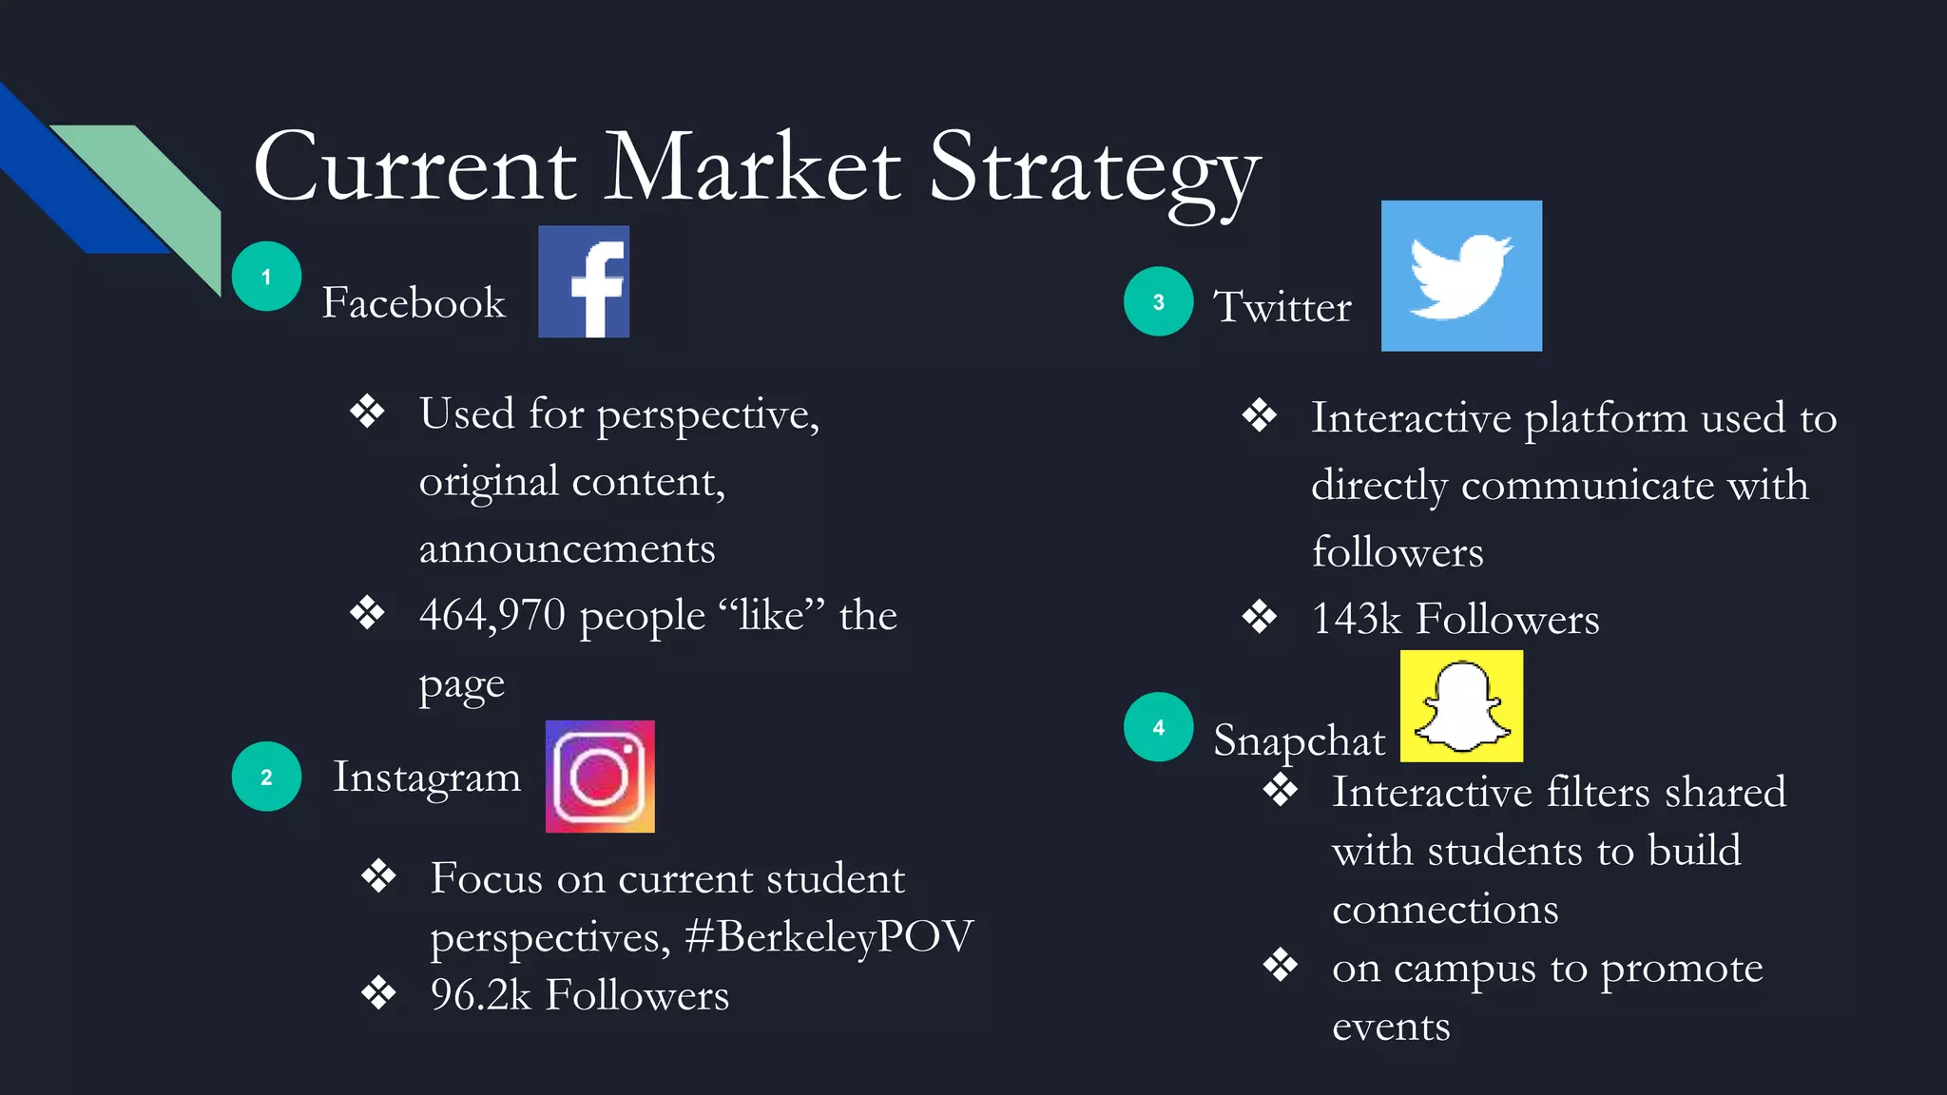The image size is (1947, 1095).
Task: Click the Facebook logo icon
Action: pos(584,281)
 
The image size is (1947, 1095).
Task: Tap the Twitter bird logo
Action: pos(1461,276)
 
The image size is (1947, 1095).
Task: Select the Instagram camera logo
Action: pos(600,777)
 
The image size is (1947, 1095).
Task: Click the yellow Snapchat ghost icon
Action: pos(1461,706)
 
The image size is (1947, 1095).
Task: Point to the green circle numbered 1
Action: pos(266,277)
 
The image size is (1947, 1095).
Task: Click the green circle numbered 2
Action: pos(266,777)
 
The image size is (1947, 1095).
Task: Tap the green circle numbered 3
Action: pos(1158,301)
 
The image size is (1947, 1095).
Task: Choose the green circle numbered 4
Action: pos(1158,727)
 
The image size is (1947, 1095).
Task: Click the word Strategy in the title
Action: pos(1093,171)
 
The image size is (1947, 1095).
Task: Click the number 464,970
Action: pos(492,615)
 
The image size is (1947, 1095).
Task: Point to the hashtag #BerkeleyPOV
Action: pos(829,936)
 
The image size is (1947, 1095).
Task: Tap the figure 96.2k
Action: pos(480,995)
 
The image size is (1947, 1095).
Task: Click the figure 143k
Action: pos(1357,619)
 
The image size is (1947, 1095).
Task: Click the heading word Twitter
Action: pos(1282,307)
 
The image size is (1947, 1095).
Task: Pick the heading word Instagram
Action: pos(427,778)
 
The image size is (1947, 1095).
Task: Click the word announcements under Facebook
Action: pos(567,549)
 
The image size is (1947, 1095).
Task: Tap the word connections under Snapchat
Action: pos(1445,910)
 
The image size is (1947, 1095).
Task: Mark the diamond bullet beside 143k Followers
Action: pos(1260,617)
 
